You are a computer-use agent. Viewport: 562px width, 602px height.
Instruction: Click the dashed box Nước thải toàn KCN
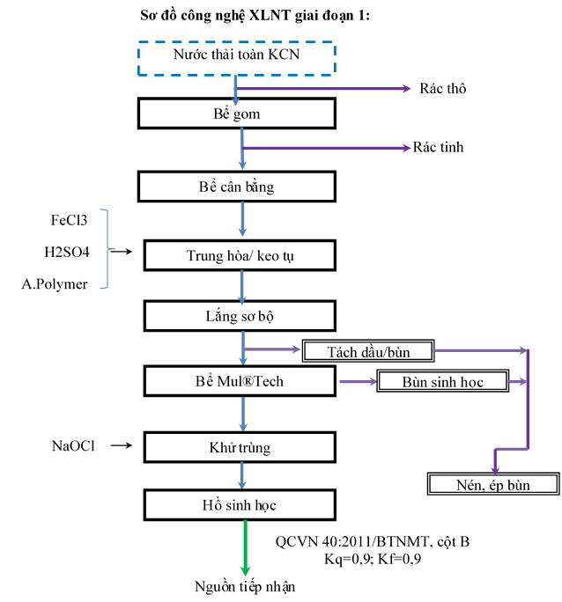pos(237,59)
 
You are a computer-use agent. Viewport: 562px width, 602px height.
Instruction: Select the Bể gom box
pos(237,114)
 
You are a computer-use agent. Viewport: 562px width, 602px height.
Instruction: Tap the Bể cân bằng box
pos(237,187)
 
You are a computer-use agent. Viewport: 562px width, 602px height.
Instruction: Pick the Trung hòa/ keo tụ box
pos(240,256)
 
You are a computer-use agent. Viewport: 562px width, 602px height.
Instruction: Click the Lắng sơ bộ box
pos(240,316)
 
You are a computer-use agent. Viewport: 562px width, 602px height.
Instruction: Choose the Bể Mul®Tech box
pos(240,381)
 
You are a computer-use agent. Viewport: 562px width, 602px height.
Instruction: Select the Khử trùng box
pos(240,447)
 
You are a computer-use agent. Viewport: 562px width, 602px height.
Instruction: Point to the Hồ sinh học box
pos(240,505)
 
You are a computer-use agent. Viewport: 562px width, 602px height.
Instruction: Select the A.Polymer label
pos(55,284)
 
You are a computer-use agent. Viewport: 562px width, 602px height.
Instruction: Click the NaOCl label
pos(73,445)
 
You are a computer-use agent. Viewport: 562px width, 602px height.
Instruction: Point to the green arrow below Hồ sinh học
pos(245,549)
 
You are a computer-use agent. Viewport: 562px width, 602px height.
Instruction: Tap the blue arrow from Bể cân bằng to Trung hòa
pos(242,221)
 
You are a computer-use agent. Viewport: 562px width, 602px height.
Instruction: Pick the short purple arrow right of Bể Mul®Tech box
pos(358,381)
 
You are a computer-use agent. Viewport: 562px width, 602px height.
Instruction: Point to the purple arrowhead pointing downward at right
pos(495,468)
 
